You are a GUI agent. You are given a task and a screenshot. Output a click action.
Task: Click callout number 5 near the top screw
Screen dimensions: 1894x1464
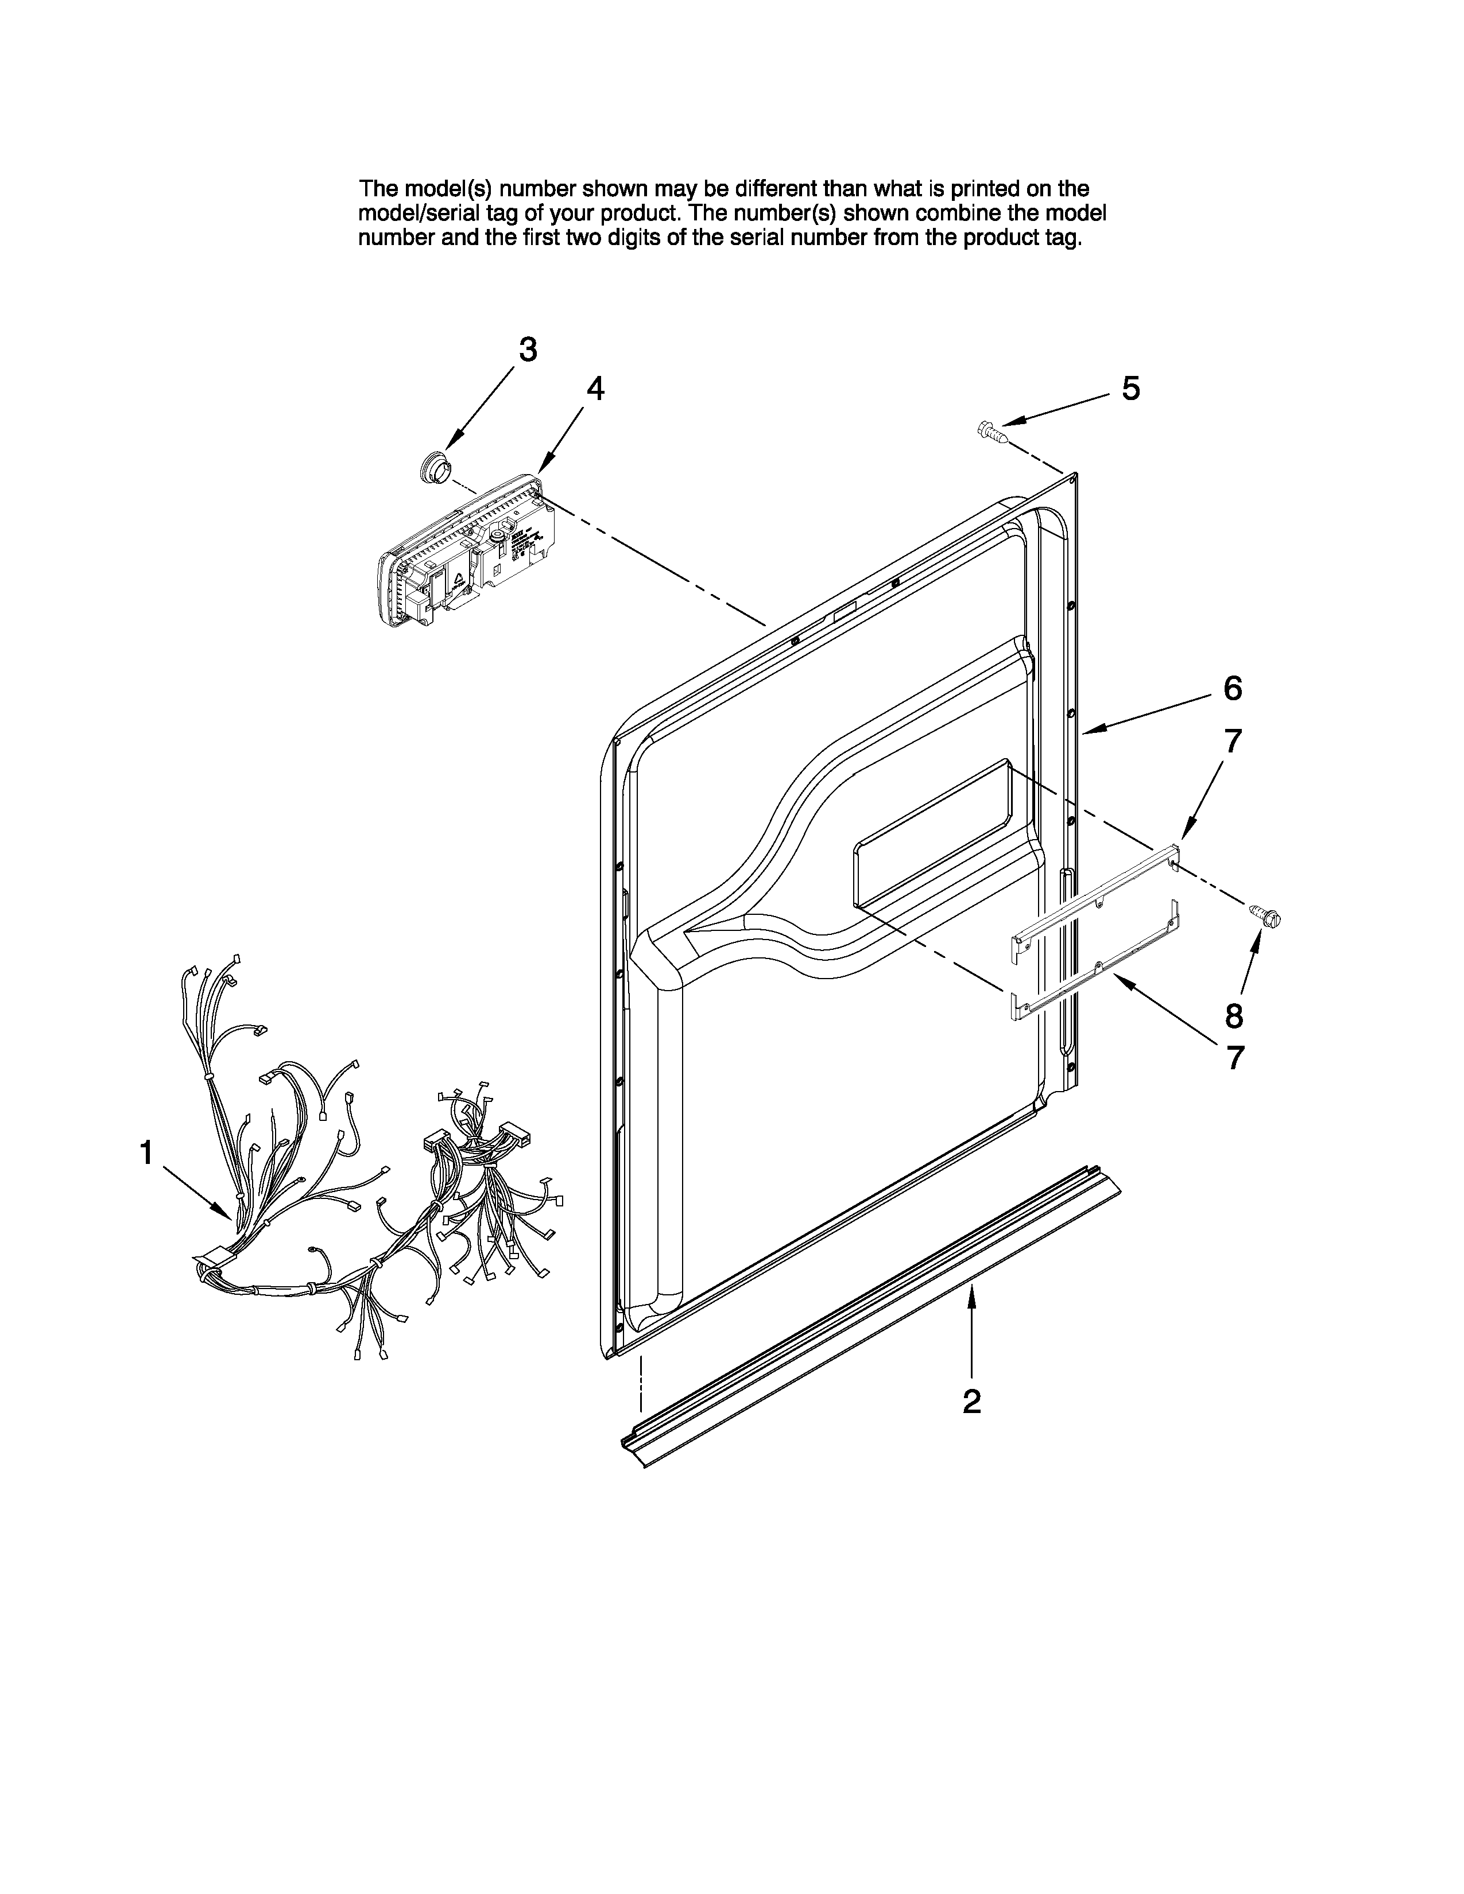(x=1130, y=389)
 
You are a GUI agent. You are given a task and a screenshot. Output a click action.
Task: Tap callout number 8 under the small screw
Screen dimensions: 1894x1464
(x=1233, y=1015)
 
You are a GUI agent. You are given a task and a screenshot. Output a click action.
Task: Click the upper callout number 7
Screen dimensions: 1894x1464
(x=1233, y=742)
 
